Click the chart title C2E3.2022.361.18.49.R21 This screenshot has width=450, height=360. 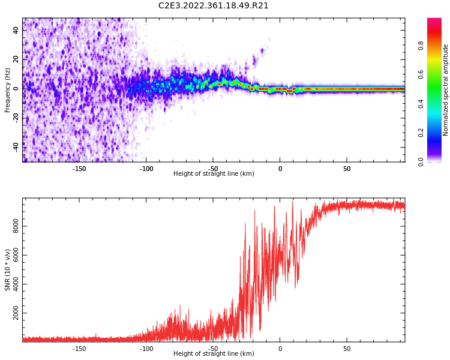tap(214, 6)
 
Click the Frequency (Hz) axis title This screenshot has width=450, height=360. tap(8, 90)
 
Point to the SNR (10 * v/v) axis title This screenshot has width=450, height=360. tap(8, 270)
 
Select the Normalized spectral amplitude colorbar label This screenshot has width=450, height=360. tap(446, 90)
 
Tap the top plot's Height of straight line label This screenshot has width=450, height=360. tap(214, 174)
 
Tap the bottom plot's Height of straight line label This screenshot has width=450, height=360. tap(214, 354)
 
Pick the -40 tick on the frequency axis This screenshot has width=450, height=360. tap(15, 146)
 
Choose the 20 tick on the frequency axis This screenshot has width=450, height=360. tap(16, 59)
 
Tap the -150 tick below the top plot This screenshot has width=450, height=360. tap(79, 169)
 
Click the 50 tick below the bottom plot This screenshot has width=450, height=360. tap(347, 348)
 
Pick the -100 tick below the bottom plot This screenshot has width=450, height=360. tap(146, 348)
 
